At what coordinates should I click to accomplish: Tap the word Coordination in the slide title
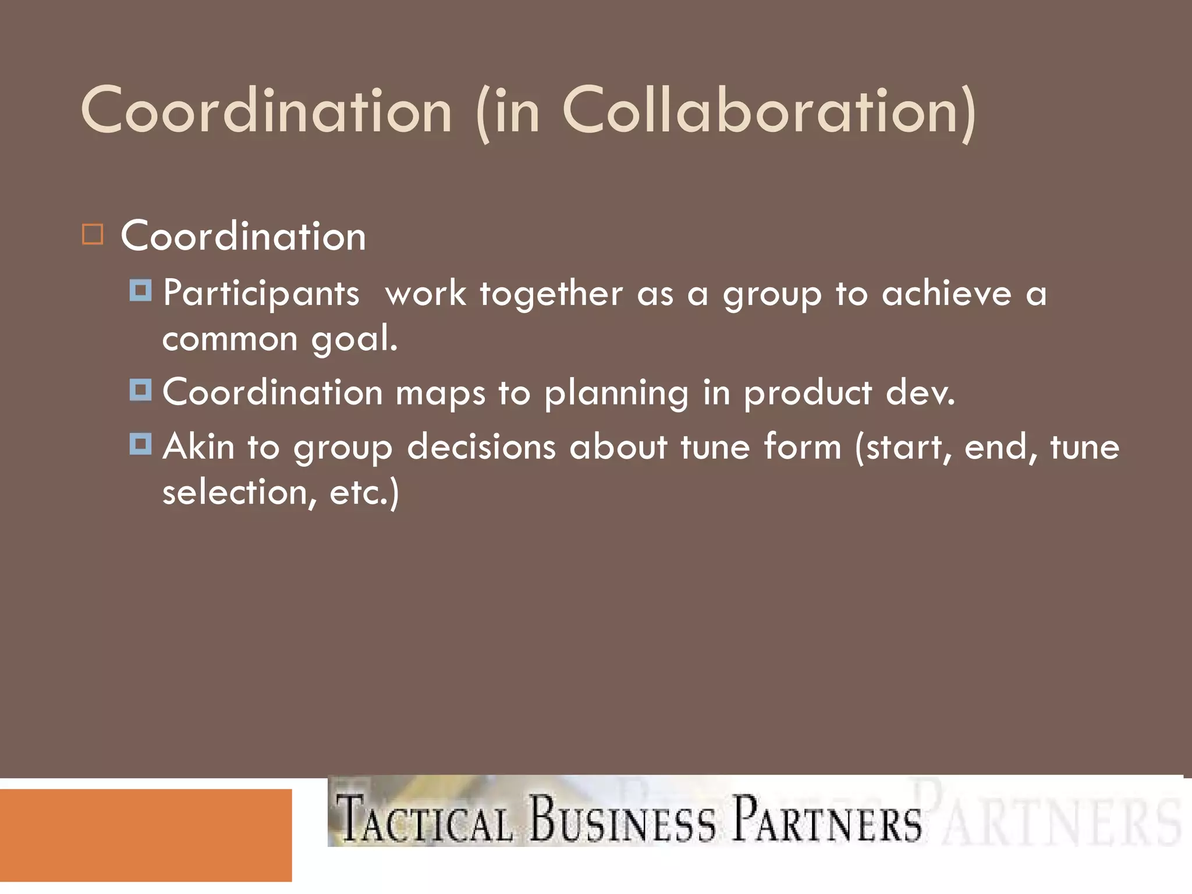(x=266, y=111)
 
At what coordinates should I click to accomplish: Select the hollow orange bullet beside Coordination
(x=93, y=235)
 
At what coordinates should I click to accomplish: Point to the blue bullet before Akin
(x=141, y=444)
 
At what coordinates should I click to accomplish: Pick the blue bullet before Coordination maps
(x=141, y=389)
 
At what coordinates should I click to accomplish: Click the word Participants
(x=261, y=294)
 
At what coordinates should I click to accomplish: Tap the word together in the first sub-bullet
(x=551, y=294)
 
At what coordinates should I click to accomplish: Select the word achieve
(x=946, y=293)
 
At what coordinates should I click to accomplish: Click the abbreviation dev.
(x=920, y=392)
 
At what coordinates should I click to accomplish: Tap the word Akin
(x=198, y=447)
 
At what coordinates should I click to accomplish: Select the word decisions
(x=481, y=447)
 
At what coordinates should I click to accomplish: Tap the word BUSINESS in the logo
(x=622, y=819)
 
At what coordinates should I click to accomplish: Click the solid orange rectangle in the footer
(x=146, y=835)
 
